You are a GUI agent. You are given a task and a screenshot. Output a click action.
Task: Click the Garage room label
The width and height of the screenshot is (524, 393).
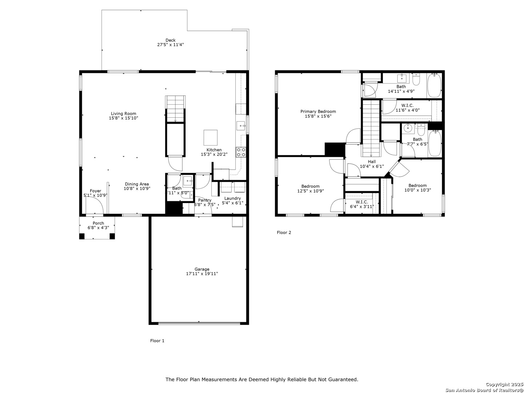[202, 269]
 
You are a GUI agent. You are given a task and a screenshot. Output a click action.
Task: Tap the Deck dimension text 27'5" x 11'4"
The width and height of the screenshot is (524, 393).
[170, 45]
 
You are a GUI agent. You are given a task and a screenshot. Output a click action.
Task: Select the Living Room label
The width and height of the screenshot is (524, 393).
[123, 114]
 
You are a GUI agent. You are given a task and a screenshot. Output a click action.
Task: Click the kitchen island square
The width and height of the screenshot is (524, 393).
[210, 138]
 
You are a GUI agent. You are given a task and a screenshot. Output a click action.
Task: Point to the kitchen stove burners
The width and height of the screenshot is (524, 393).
[241, 152]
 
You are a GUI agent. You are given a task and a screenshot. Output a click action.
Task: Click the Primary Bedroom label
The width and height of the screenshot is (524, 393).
[318, 111]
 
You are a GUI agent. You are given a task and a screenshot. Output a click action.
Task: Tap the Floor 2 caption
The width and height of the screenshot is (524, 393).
[284, 233]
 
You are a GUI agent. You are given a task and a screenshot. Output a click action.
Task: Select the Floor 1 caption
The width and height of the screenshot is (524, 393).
[157, 341]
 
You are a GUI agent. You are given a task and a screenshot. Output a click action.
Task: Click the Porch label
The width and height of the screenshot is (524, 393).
[98, 223]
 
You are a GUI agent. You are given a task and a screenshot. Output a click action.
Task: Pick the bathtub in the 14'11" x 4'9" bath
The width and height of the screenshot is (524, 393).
[434, 85]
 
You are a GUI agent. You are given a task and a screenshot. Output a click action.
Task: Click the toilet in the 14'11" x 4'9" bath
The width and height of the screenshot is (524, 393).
[416, 79]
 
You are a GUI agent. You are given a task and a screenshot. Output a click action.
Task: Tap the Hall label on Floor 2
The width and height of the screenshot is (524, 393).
[372, 162]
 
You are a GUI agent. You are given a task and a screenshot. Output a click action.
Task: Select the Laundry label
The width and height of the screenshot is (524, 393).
[232, 198]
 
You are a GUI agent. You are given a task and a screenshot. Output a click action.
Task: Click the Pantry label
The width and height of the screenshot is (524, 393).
[205, 200]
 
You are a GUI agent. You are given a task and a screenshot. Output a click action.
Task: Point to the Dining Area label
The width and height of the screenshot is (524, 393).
[137, 184]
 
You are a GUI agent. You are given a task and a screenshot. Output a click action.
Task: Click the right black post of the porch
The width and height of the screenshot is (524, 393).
[112, 236]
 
